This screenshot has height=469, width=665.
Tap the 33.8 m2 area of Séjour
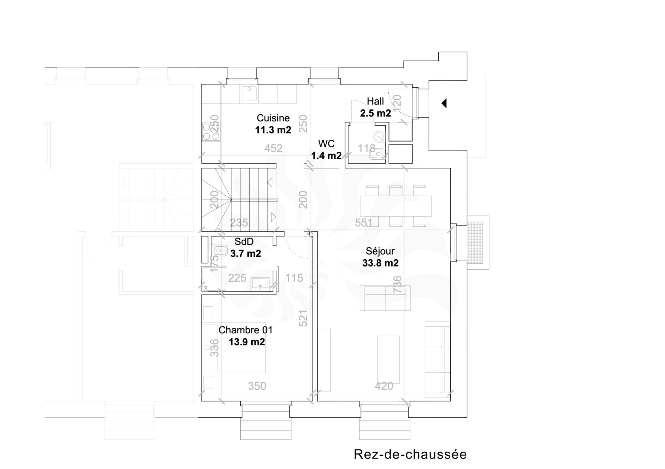[380, 263]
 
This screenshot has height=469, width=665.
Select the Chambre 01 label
[245, 330]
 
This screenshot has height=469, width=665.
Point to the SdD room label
[244, 241]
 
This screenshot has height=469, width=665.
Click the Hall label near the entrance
[375, 101]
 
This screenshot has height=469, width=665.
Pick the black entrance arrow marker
[444, 103]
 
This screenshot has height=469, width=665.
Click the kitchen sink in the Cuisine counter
[249, 93]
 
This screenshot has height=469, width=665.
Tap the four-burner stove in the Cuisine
[211, 132]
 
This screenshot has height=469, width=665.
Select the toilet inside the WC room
[378, 154]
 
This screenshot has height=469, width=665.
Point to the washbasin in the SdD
[260, 283]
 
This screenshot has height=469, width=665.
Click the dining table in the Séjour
[396, 206]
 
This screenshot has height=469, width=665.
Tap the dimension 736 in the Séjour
[397, 284]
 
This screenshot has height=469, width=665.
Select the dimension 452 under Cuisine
[273, 148]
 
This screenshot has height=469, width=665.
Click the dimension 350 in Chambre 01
[257, 386]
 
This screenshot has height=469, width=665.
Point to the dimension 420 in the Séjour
[384, 386]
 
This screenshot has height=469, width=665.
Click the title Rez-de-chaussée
[410, 454]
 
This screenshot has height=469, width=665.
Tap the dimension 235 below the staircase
[239, 223]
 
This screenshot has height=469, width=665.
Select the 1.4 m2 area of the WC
[326, 156]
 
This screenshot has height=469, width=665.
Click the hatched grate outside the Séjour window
[475, 243]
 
